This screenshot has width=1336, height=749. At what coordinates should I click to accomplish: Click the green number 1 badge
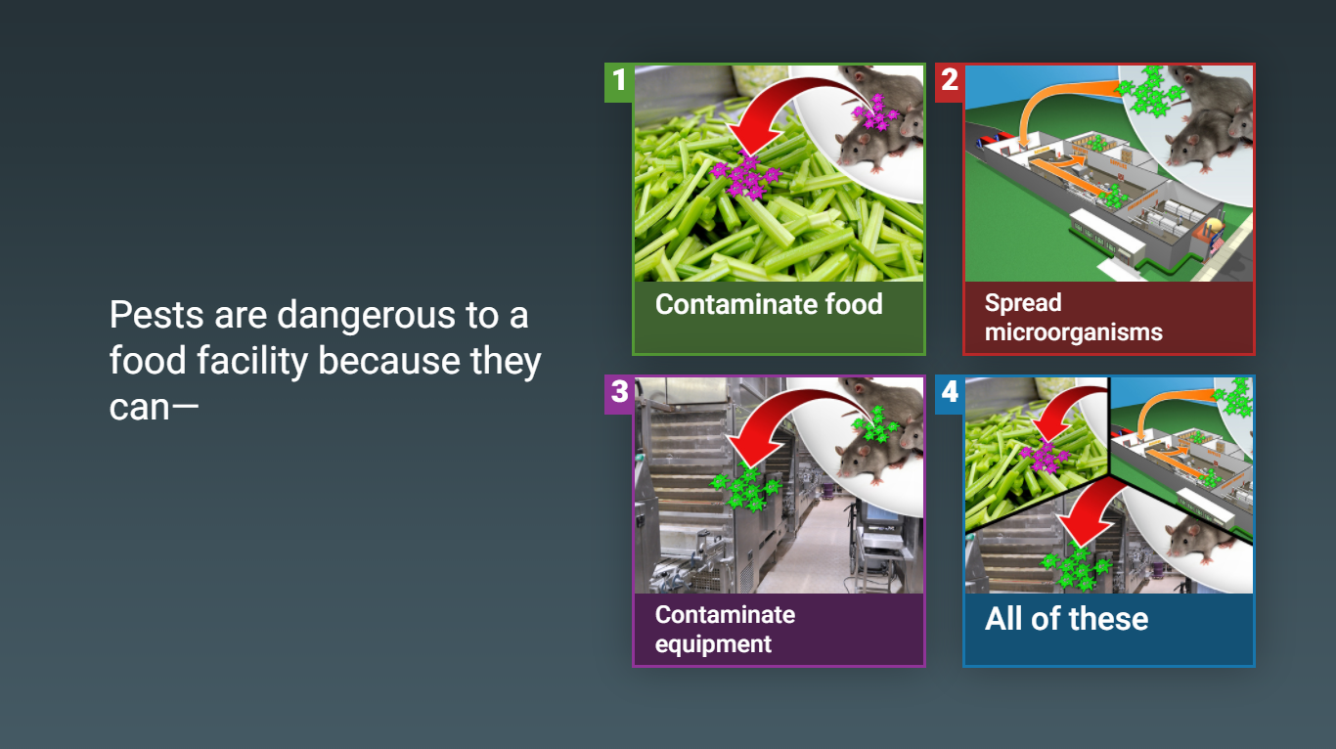pyautogui.click(x=619, y=82)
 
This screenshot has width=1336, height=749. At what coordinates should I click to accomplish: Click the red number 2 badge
pyautogui.click(x=950, y=82)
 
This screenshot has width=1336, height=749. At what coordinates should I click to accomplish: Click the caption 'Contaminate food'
pyautogui.click(x=769, y=304)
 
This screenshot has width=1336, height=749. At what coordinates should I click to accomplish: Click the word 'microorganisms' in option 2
pyautogui.click(x=1074, y=332)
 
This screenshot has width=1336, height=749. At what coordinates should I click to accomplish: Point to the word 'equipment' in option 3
pyautogui.click(x=713, y=644)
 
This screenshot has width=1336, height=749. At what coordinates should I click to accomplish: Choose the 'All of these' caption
pyautogui.click(x=1066, y=619)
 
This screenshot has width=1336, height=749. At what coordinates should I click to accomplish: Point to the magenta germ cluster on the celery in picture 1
pyautogui.click(x=745, y=175)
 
